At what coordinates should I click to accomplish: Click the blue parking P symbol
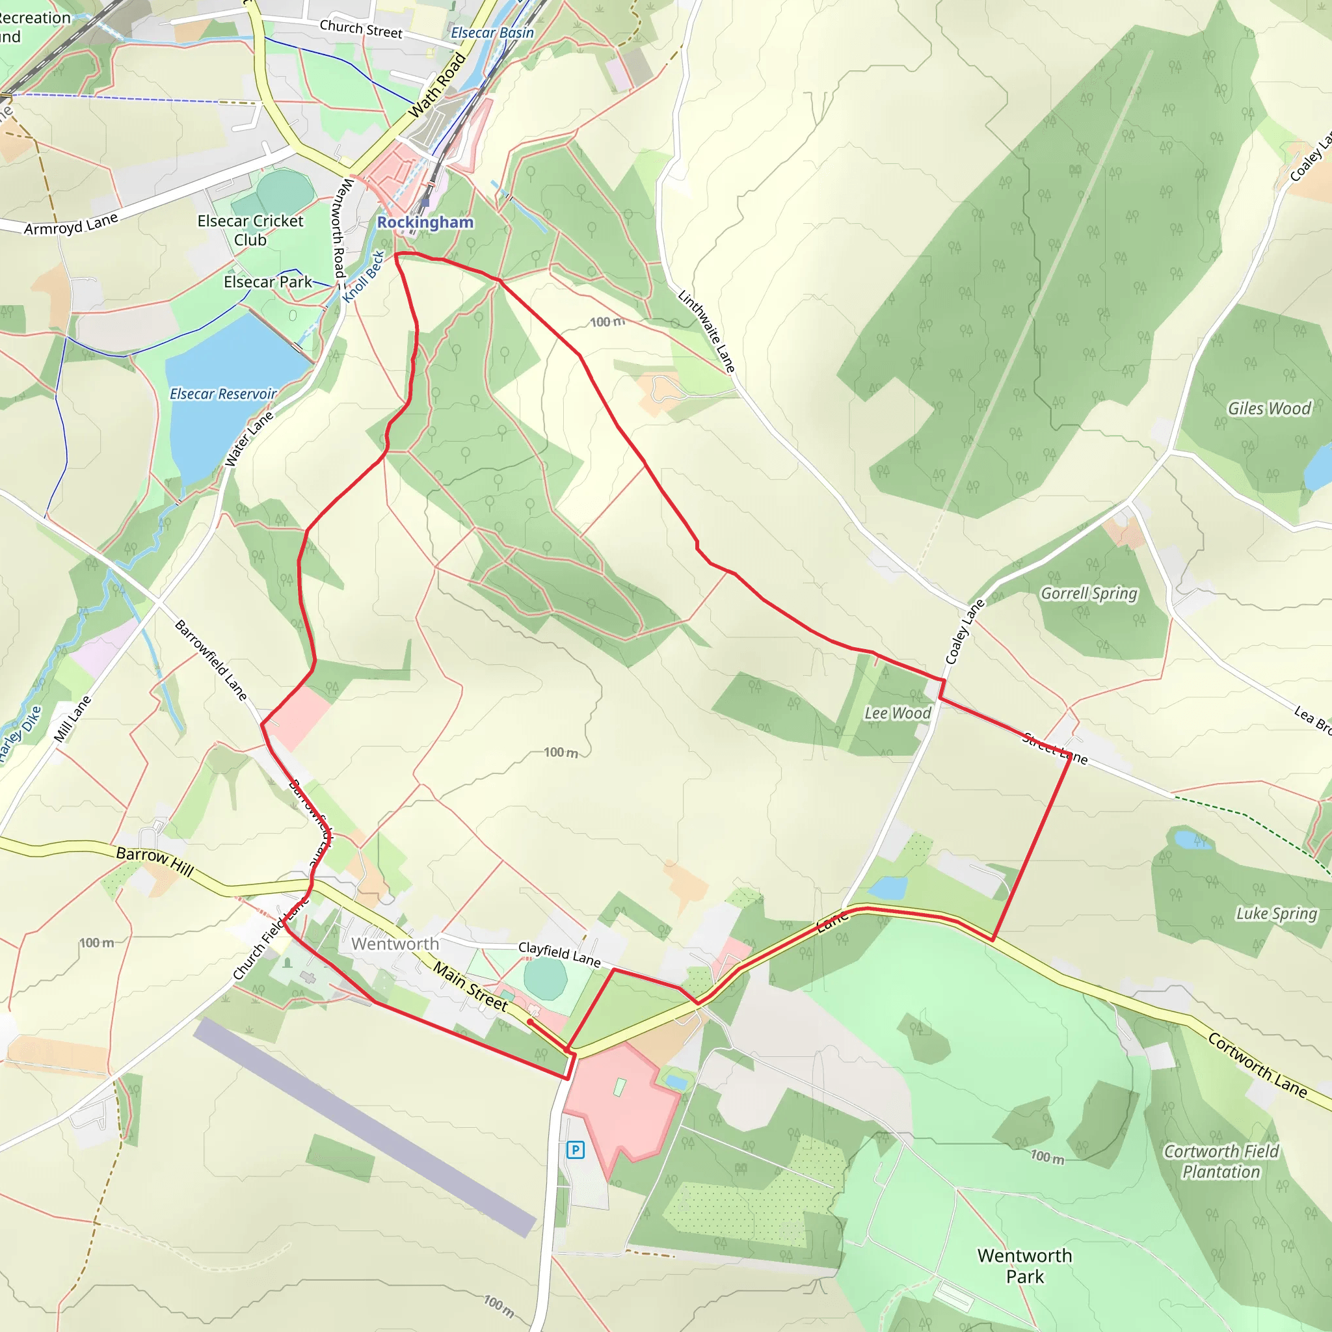pos(575,1149)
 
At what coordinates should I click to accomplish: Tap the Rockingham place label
pos(425,222)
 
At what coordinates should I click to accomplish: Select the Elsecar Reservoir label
pos(223,393)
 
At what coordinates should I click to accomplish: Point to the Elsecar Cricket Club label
pos(250,230)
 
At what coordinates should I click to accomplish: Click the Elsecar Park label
pos(267,282)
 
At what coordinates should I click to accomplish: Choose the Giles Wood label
pos(1270,409)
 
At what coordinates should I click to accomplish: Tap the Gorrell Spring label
pos(1089,594)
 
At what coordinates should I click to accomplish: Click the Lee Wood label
pos(898,713)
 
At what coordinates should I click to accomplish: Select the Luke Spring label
pos(1276,914)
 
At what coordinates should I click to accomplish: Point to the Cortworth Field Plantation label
pos(1221,1162)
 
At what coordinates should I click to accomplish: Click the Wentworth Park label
pos(1024,1266)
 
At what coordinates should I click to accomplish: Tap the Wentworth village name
pos(395,944)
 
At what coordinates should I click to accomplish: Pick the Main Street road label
pos(470,987)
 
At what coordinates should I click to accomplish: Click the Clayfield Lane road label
pos(559,954)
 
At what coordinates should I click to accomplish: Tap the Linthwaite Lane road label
pos(707,332)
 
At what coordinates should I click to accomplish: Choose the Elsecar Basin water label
pos(492,33)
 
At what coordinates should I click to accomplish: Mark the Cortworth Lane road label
pos(1257,1065)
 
